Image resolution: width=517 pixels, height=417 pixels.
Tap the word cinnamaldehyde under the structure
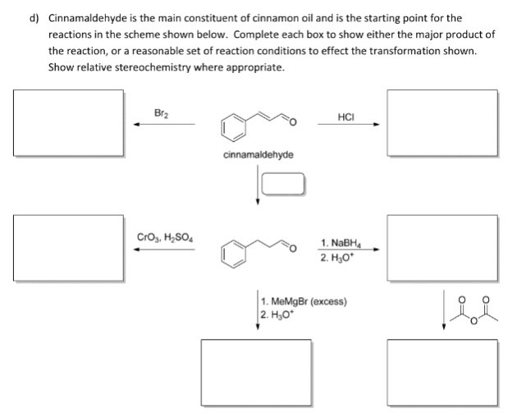(x=258, y=154)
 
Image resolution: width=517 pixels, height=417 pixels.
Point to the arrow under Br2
(x=164, y=125)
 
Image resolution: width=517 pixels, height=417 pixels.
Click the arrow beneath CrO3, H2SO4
(x=164, y=251)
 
